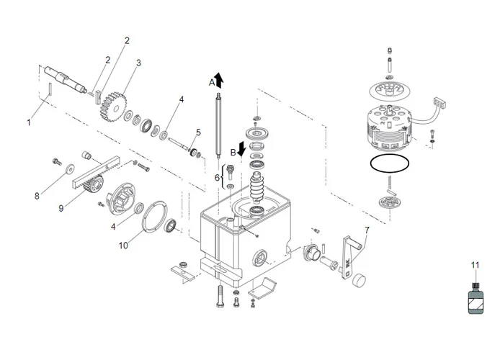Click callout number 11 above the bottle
coord(475,265)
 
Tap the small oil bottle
coord(475,297)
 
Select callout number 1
coord(29,122)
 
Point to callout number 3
coord(138,63)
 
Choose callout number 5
coord(198,132)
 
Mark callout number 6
coord(216,177)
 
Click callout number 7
coord(367,230)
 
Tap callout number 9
coord(61,209)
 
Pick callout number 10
coord(122,246)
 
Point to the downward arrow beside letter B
coord(243,149)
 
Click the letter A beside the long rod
coord(212,82)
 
